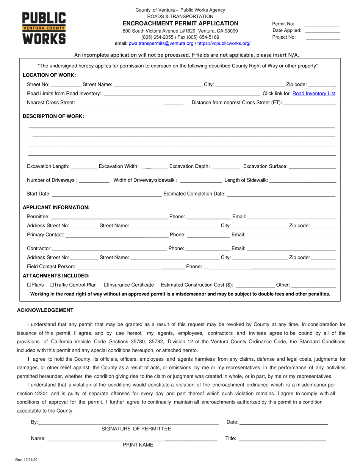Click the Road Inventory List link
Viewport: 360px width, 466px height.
pos(314,94)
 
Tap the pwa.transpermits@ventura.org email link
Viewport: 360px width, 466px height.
pos(161,44)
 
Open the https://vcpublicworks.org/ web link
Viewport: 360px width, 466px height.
pos(224,44)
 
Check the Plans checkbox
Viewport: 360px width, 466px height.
pos(29,285)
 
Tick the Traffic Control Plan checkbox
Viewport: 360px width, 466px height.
pos(52,285)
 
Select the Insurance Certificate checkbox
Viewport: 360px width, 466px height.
pos(106,285)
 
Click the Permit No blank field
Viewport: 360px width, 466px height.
pos(322,24)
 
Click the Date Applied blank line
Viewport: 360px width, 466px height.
pos(322,31)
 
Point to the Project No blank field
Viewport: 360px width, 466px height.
pos(322,38)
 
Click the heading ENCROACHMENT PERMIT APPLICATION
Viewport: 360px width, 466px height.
pos(180,23)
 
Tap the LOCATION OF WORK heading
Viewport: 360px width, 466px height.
pos(49,75)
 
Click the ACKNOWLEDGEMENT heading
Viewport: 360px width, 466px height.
pos(45,310)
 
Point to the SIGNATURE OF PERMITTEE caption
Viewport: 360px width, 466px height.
pos(136,429)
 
